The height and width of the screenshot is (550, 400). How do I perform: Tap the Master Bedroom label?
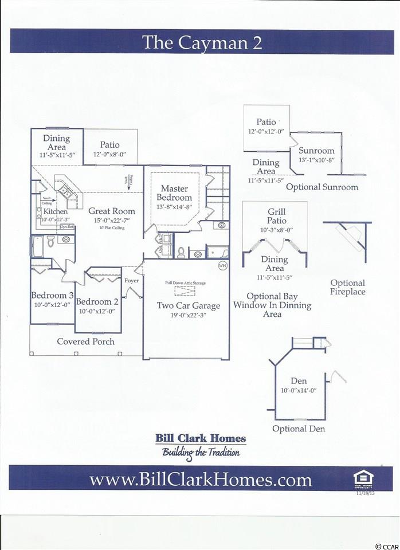[x=174, y=193]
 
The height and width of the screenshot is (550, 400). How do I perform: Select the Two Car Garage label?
[x=185, y=305]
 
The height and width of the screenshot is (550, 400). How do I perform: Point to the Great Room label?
[x=107, y=211]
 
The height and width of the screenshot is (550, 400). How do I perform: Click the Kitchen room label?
[x=55, y=212]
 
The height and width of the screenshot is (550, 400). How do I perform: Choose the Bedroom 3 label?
[x=52, y=296]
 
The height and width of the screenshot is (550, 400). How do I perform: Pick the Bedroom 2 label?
[x=97, y=302]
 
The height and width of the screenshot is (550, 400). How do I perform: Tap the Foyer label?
[x=132, y=281]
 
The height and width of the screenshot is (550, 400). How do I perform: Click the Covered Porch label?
[x=85, y=341]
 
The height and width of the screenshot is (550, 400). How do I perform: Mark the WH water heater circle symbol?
[x=222, y=266]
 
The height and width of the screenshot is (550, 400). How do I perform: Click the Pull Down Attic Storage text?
[x=185, y=283]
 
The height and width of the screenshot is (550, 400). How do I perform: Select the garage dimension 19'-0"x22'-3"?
[x=185, y=315]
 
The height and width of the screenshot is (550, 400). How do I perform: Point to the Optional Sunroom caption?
[x=321, y=187]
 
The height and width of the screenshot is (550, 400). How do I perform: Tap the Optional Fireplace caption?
[x=348, y=287]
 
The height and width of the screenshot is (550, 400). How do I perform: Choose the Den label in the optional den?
[x=299, y=380]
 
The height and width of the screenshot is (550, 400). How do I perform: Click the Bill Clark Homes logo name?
[x=201, y=439]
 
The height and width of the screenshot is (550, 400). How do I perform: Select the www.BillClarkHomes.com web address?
[x=200, y=479]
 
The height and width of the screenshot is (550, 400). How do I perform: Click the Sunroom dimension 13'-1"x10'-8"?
[x=316, y=160]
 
